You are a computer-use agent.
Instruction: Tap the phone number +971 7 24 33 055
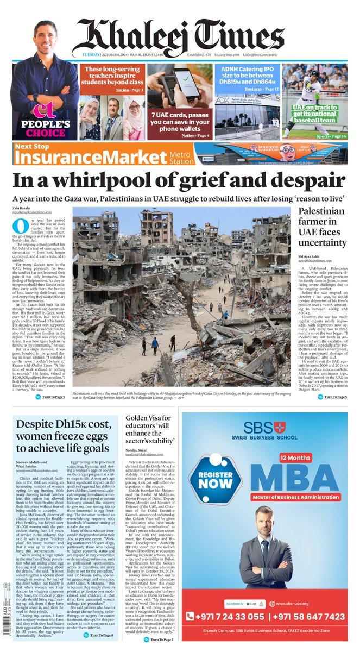224,617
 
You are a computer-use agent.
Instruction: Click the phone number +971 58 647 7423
307,617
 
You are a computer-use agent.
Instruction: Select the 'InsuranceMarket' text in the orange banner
90,156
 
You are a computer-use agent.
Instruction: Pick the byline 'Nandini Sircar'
137,481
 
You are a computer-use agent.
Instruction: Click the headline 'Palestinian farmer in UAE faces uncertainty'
321,226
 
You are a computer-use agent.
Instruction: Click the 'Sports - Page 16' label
331,136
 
